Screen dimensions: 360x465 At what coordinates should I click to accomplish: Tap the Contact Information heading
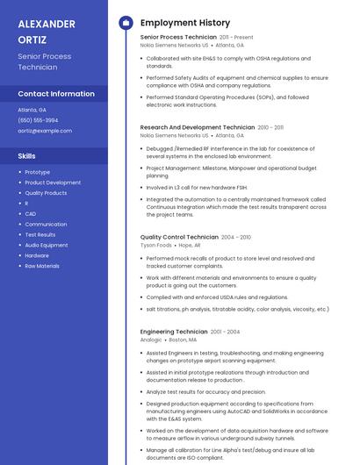tap(56, 94)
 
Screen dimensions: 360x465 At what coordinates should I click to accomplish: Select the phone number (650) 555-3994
tap(38, 120)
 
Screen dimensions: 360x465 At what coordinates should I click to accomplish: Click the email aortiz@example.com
tap(45, 131)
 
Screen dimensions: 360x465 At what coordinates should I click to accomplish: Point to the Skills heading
tap(27, 155)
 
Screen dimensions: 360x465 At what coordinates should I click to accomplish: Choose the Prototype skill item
tap(37, 172)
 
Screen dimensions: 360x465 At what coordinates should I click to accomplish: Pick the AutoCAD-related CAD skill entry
tap(30, 214)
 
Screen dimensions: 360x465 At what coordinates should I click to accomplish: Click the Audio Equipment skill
tap(46, 245)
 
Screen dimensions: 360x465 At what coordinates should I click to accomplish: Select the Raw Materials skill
tap(42, 266)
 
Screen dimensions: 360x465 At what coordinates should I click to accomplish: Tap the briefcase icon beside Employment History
tap(126, 23)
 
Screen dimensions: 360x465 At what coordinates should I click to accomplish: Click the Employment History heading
tap(184, 23)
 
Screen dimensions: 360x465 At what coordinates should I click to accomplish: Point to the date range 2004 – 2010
tap(235, 237)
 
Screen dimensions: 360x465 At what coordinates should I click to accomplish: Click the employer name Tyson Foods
tap(155, 246)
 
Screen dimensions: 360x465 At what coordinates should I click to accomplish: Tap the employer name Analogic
tap(151, 340)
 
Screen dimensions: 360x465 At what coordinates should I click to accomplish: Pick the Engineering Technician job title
tap(173, 332)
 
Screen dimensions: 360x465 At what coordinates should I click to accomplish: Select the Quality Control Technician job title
tap(179, 237)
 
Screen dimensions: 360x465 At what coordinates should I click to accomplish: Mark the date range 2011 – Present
tap(236, 38)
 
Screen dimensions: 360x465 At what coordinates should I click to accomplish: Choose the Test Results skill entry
tap(40, 235)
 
